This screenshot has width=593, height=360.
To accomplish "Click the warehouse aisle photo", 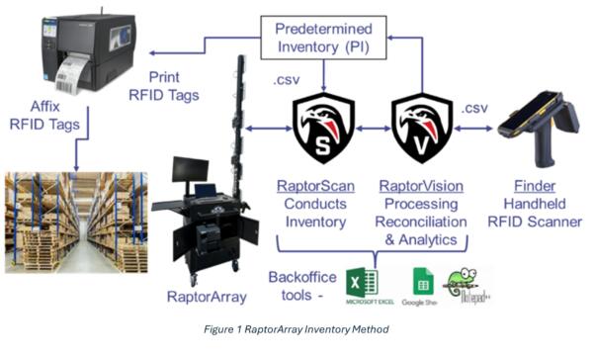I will point(76,224).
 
